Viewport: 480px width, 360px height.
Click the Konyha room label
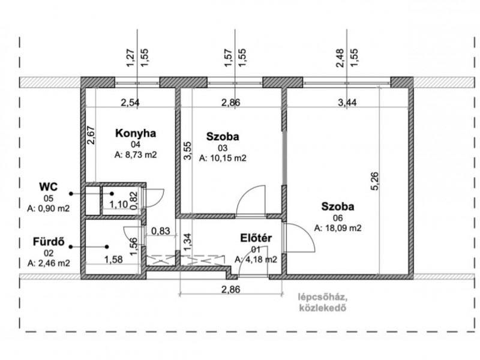(x=136, y=133)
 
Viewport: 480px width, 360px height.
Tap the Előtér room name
(x=256, y=238)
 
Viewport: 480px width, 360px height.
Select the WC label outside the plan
(x=49, y=187)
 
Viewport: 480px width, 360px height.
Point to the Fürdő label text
(x=49, y=242)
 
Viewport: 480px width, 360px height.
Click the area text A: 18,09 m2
(x=338, y=228)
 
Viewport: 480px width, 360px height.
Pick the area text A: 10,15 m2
(x=223, y=158)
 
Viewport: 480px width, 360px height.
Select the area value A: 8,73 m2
(x=136, y=155)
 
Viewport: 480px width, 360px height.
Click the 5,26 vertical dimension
(x=374, y=181)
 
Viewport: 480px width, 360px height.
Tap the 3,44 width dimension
(x=347, y=102)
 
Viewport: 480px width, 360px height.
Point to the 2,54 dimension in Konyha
(x=130, y=102)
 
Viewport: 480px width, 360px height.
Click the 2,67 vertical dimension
(x=91, y=136)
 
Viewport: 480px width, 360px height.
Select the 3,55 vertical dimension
(x=187, y=151)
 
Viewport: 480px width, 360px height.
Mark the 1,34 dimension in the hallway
(x=187, y=242)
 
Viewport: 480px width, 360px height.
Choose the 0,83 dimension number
(x=161, y=230)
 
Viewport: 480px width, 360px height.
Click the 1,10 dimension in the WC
(x=118, y=204)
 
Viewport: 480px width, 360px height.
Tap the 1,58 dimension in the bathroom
(x=113, y=260)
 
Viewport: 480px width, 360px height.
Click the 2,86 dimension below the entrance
(x=231, y=289)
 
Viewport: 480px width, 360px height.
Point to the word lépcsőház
(x=323, y=297)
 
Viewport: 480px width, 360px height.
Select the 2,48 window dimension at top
(x=340, y=58)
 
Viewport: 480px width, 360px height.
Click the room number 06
(x=338, y=218)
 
